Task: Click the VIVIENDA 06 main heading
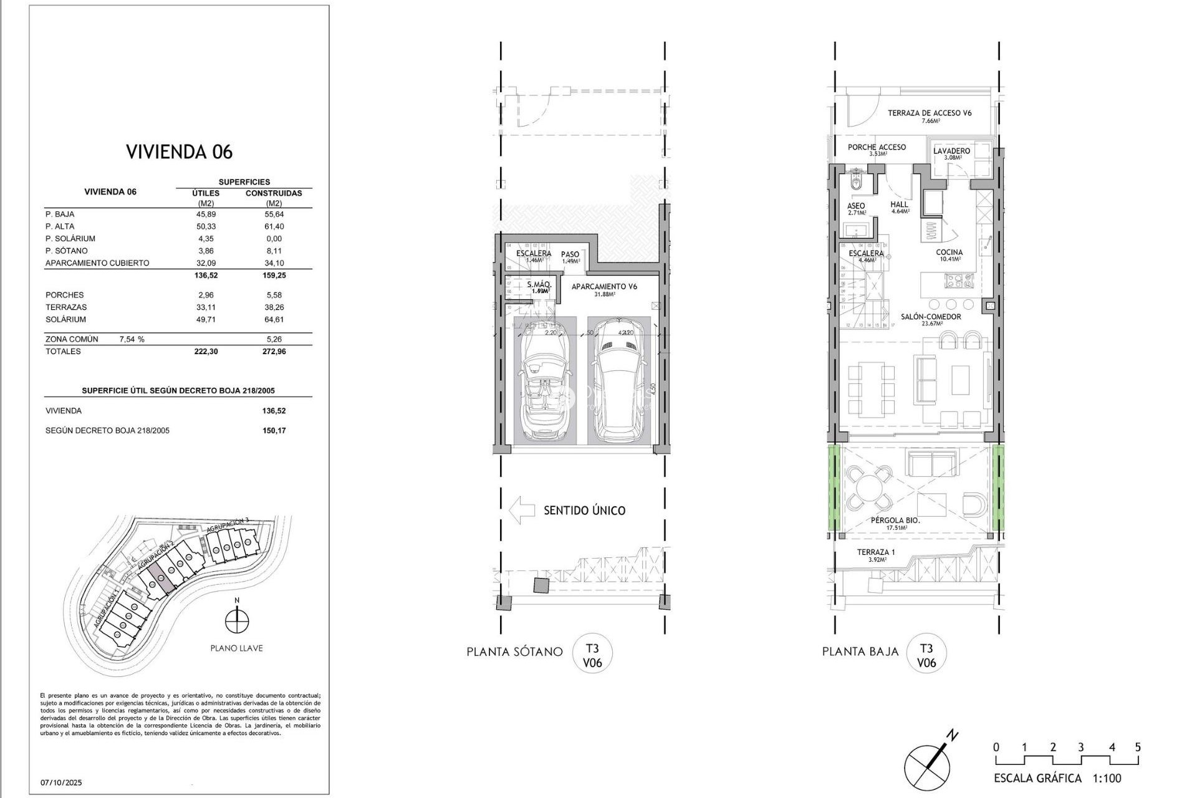[179, 151]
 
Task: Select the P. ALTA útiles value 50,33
[206, 226]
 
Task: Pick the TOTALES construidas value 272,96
[273, 352]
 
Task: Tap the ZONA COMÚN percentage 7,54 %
[132, 339]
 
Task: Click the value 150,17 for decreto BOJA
[274, 431]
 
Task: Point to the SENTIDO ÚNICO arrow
[522, 510]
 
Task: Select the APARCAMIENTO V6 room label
[604, 287]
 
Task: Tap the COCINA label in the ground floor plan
[949, 252]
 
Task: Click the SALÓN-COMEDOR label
[930, 317]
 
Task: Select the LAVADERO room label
[951, 151]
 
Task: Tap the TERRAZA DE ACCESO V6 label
[930, 113]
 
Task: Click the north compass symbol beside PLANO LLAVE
[237, 621]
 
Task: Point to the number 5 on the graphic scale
[1137, 747]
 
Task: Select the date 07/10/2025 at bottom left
[61, 782]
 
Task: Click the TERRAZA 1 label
[875, 552]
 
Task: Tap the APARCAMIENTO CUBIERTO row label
[97, 263]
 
